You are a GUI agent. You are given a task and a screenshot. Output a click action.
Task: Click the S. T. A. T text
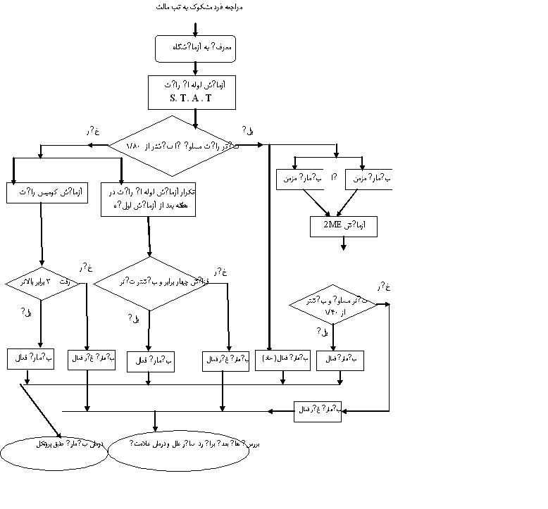tap(191, 99)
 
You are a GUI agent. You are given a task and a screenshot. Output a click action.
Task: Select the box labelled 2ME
tap(344, 225)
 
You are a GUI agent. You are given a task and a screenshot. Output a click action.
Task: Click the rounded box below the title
tap(194, 48)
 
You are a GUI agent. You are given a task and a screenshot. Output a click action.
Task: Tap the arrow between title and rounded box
tap(195, 29)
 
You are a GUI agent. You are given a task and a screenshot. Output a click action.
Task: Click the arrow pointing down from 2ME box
tap(344, 244)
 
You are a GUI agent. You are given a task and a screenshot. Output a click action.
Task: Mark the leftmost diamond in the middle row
tap(42, 284)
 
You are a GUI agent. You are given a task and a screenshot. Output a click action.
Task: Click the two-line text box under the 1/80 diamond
tap(148, 199)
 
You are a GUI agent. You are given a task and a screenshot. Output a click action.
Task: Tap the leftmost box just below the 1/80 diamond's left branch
tap(47, 192)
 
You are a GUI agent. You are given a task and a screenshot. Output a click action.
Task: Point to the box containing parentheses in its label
tap(282, 359)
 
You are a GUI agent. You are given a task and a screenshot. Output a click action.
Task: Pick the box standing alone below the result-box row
tap(318, 410)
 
